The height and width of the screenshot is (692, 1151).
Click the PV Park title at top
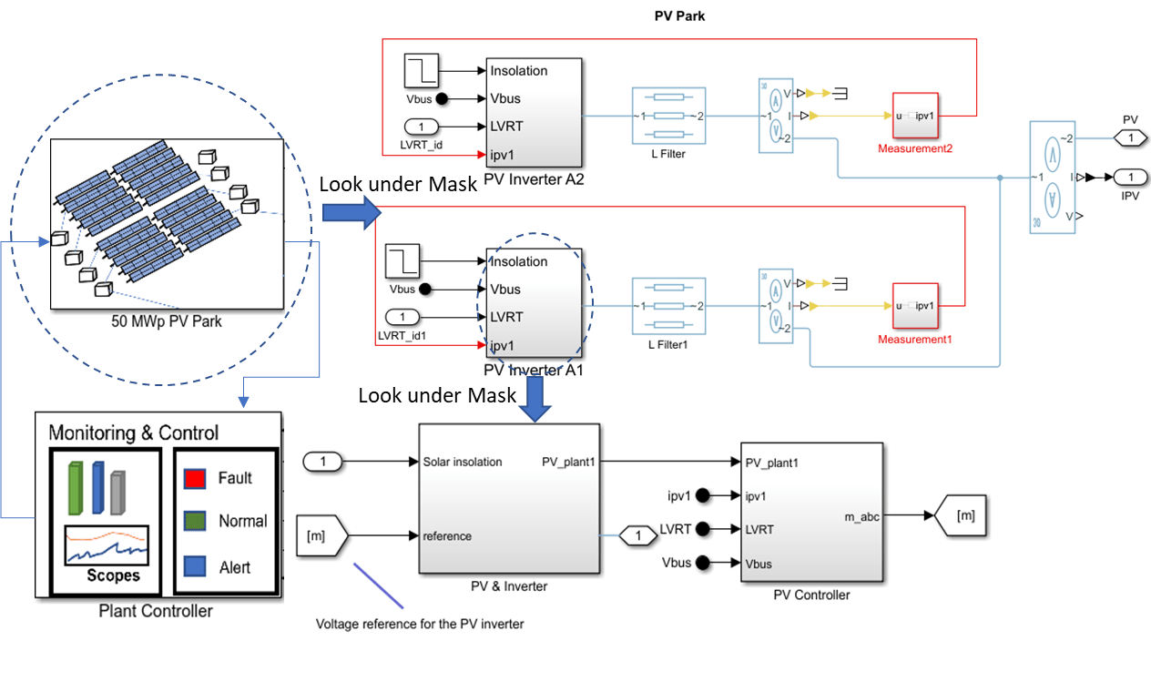pyautogui.click(x=679, y=16)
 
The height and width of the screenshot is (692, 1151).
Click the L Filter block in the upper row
pyautogui.click(x=668, y=116)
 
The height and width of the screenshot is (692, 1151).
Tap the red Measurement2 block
pyautogui.click(x=914, y=116)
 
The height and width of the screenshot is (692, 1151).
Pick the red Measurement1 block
pyautogui.click(x=914, y=306)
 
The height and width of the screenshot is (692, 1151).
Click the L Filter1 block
pyautogui.click(x=668, y=306)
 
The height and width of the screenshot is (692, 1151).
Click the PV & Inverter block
pyautogui.click(x=509, y=498)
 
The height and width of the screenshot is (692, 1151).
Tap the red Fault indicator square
pyautogui.click(x=193, y=478)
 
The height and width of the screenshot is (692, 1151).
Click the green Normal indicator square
pyautogui.click(x=193, y=522)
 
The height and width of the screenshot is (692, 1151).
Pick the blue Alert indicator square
pyautogui.click(x=193, y=566)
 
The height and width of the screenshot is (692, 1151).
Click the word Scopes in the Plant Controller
pyautogui.click(x=113, y=575)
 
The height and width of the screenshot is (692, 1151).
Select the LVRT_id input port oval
pyautogui.click(x=421, y=126)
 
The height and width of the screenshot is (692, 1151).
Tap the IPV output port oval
pyautogui.click(x=1130, y=177)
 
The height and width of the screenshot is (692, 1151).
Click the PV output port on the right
pyautogui.click(x=1130, y=137)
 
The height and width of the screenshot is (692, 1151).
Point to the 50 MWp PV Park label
pyautogui.click(x=160, y=321)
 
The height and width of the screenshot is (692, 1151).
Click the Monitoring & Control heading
pyautogui.click(x=133, y=432)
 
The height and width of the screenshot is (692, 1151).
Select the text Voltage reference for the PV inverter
pyautogui.click(x=420, y=625)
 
